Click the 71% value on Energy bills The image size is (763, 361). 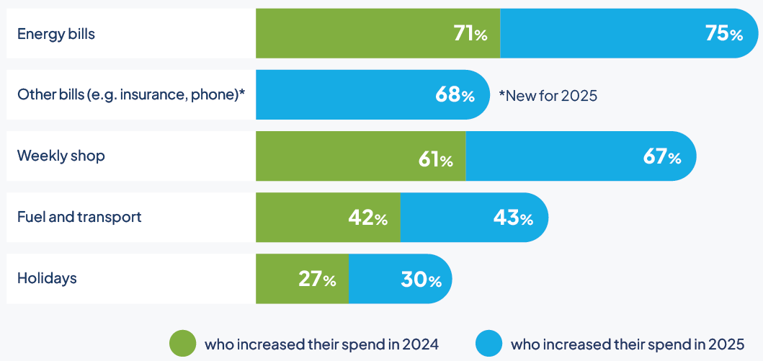click(470, 34)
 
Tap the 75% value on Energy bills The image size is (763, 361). click(725, 34)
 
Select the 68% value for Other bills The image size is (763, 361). click(455, 95)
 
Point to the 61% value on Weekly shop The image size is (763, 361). click(435, 156)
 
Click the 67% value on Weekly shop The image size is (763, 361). click(662, 156)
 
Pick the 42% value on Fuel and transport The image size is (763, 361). click(367, 218)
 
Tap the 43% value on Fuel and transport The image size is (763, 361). click(513, 218)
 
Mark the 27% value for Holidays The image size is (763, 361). click(317, 279)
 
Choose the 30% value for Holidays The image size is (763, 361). click(421, 279)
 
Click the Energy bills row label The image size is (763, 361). click(56, 34)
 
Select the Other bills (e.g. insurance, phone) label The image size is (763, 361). click(131, 94)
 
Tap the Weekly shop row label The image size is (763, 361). click(61, 156)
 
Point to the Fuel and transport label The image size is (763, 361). click(79, 217)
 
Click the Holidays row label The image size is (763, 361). click(47, 278)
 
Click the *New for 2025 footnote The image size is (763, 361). click(548, 95)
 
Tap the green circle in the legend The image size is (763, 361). click(182, 344)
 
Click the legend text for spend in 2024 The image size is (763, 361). click(321, 344)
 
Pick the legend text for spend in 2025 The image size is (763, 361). click(627, 344)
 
